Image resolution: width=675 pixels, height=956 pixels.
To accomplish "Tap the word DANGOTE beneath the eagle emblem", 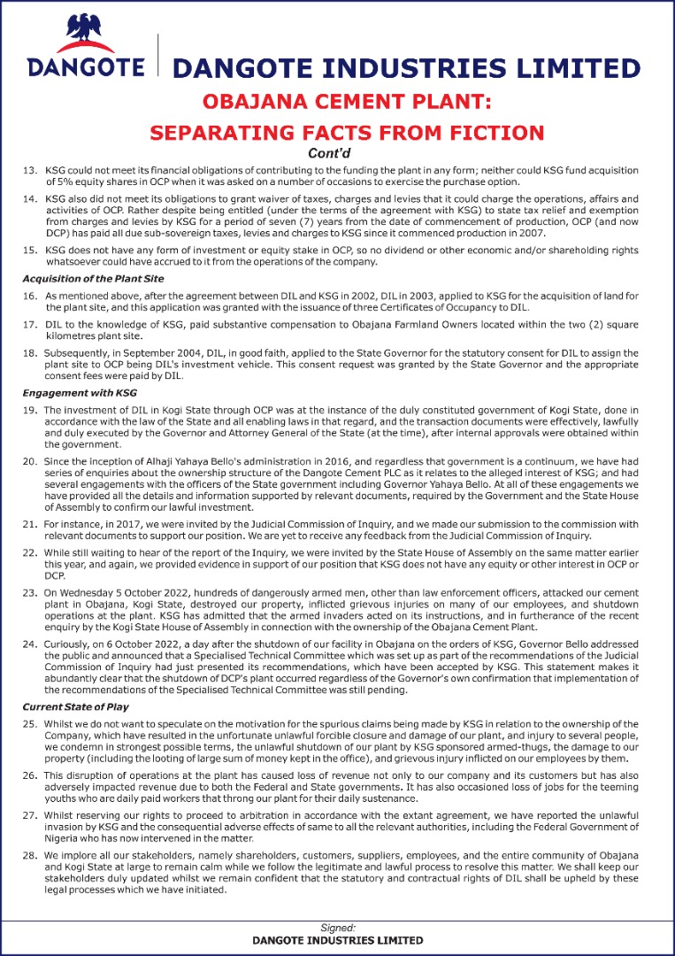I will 86,67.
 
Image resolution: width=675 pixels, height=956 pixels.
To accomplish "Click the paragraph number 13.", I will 29,169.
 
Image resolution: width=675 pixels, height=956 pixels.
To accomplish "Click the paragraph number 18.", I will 29,353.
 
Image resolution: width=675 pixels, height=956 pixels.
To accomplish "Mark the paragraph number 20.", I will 29,461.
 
